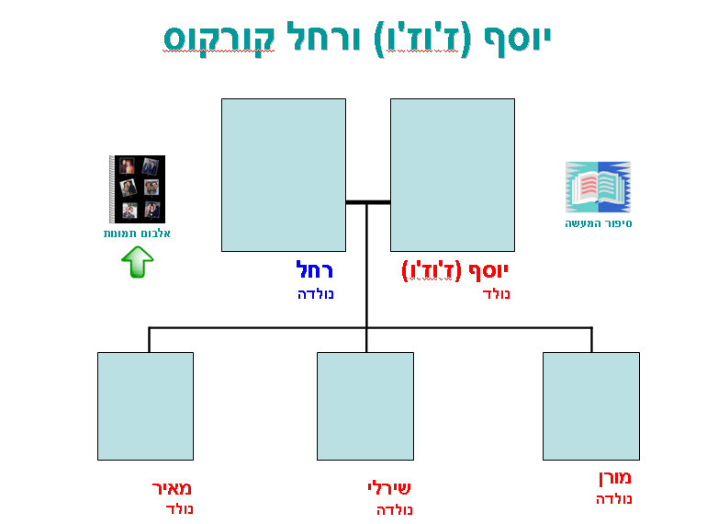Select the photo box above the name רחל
pyautogui.click(x=284, y=175)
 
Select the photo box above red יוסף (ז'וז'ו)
pyautogui.click(x=453, y=175)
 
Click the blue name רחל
pyautogui.click(x=314, y=270)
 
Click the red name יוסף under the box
pyautogui.click(x=488, y=270)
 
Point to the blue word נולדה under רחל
pyautogui.click(x=316, y=294)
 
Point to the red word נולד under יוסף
pyautogui.click(x=496, y=294)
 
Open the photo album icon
pyautogui.click(x=137, y=188)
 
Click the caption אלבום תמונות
pyautogui.click(x=137, y=234)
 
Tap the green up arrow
pyautogui.click(x=137, y=263)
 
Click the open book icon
pyautogui.click(x=598, y=187)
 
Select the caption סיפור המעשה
pyautogui.click(x=599, y=223)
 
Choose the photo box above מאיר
pyautogui.click(x=145, y=405)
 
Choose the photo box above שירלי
pyautogui.click(x=365, y=405)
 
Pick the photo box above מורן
pyautogui.click(x=590, y=405)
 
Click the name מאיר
pyautogui.click(x=173, y=488)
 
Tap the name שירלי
pyautogui.click(x=388, y=488)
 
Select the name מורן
pyautogui.click(x=613, y=479)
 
